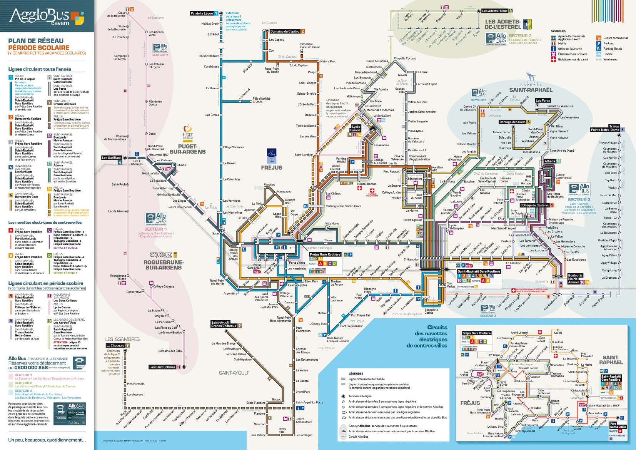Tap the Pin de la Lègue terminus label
(202, 13)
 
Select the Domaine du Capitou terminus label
(285, 32)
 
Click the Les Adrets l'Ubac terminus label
(495, 11)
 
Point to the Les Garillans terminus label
(112, 158)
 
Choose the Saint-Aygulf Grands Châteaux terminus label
(224, 324)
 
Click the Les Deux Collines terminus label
(163, 367)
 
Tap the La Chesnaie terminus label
(115, 345)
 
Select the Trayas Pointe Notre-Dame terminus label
(606, 128)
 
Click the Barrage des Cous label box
(512, 122)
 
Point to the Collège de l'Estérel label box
(534, 205)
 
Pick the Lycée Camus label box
(356, 129)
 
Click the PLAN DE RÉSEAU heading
(36, 41)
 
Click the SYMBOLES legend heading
(558, 31)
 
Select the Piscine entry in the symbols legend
(608, 54)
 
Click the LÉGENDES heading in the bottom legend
(356, 373)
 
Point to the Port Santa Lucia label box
(618, 425)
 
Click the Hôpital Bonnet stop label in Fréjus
(366, 184)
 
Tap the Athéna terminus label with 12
(550, 161)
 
